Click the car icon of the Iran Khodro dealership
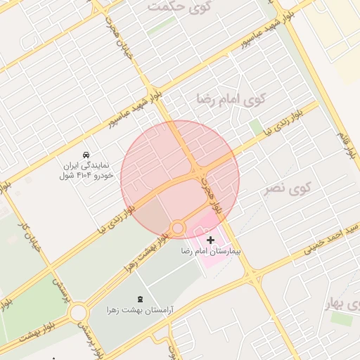86,153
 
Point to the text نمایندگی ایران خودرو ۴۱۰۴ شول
86,169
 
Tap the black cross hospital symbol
211,240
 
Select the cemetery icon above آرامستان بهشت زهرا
140,298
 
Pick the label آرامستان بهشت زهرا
141,309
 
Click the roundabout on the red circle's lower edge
177,228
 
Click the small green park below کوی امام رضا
256,127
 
